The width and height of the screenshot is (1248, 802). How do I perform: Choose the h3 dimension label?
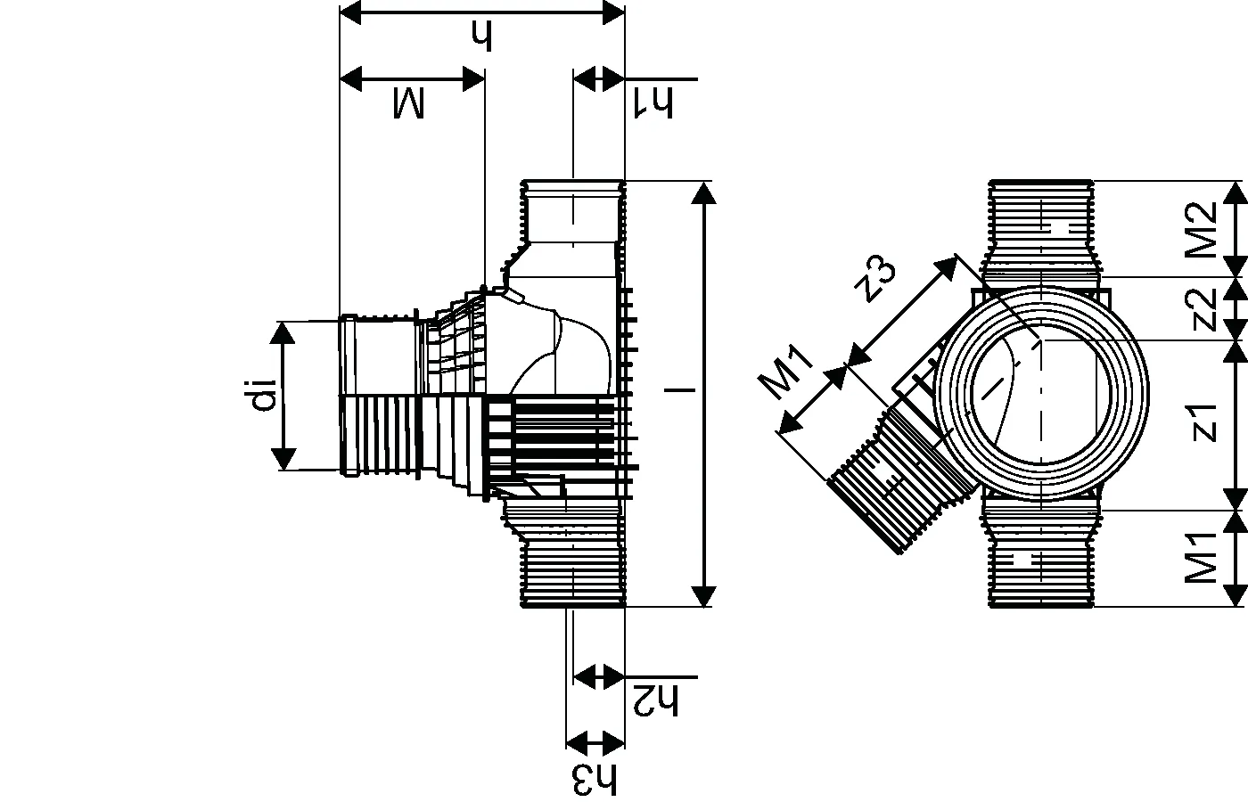595,781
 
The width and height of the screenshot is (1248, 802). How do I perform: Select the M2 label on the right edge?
1201,230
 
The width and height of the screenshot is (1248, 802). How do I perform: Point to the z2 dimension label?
1203,309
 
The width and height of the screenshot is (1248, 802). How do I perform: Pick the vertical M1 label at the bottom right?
1201,558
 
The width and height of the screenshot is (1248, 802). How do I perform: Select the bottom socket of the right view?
1041,558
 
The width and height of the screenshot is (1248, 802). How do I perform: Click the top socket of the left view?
572,213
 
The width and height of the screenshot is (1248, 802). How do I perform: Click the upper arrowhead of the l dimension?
704,192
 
